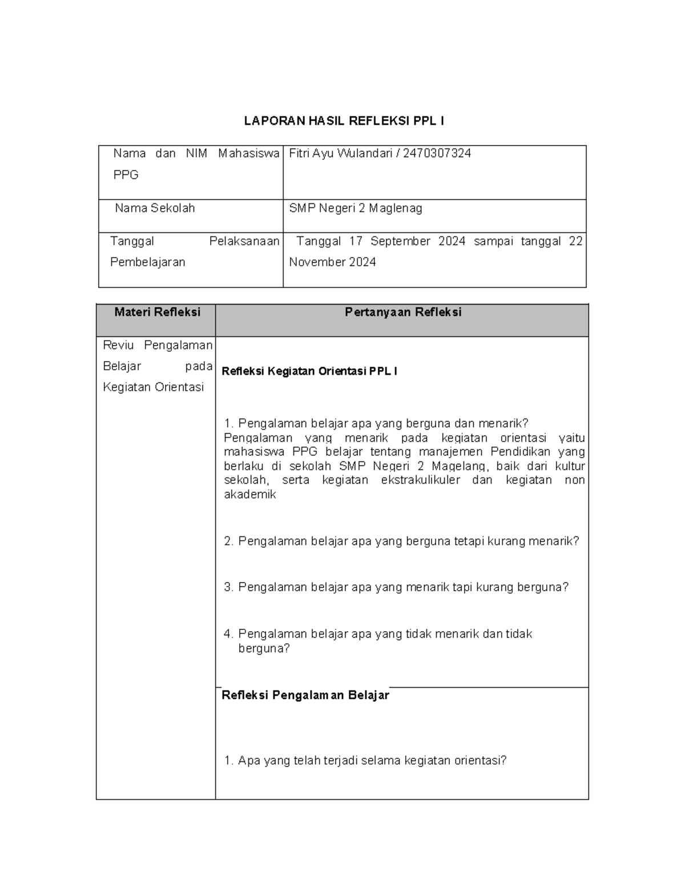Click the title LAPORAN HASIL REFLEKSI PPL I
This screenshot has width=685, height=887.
(x=344, y=121)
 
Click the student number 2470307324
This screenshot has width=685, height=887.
(x=437, y=153)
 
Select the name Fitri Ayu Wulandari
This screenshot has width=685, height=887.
(x=341, y=153)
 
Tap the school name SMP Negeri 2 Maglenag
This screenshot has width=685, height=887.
(x=356, y=208)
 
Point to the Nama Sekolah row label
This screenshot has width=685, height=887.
(x=155, y=208)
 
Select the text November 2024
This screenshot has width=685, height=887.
(x=332, y=262)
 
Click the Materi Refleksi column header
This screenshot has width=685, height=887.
(x=158, y=312)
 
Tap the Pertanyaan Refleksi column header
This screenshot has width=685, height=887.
(x=403, y=312)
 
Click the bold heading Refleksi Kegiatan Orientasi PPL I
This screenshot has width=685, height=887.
(x=309, y=371)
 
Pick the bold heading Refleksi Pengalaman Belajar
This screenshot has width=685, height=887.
(x=305, y=695)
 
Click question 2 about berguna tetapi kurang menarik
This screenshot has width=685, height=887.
(x=402, y=541)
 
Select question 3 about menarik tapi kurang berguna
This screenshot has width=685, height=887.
(x=397, y=587)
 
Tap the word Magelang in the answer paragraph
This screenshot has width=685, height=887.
(x=458, y=465)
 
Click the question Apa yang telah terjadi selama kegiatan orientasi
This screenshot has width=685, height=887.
(x=366, y=760)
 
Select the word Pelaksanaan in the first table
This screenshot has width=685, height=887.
(x=244, y=241)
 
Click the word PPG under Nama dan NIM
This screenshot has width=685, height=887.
(x=126, y=175)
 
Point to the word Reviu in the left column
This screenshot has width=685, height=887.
(x=118, y=345)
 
